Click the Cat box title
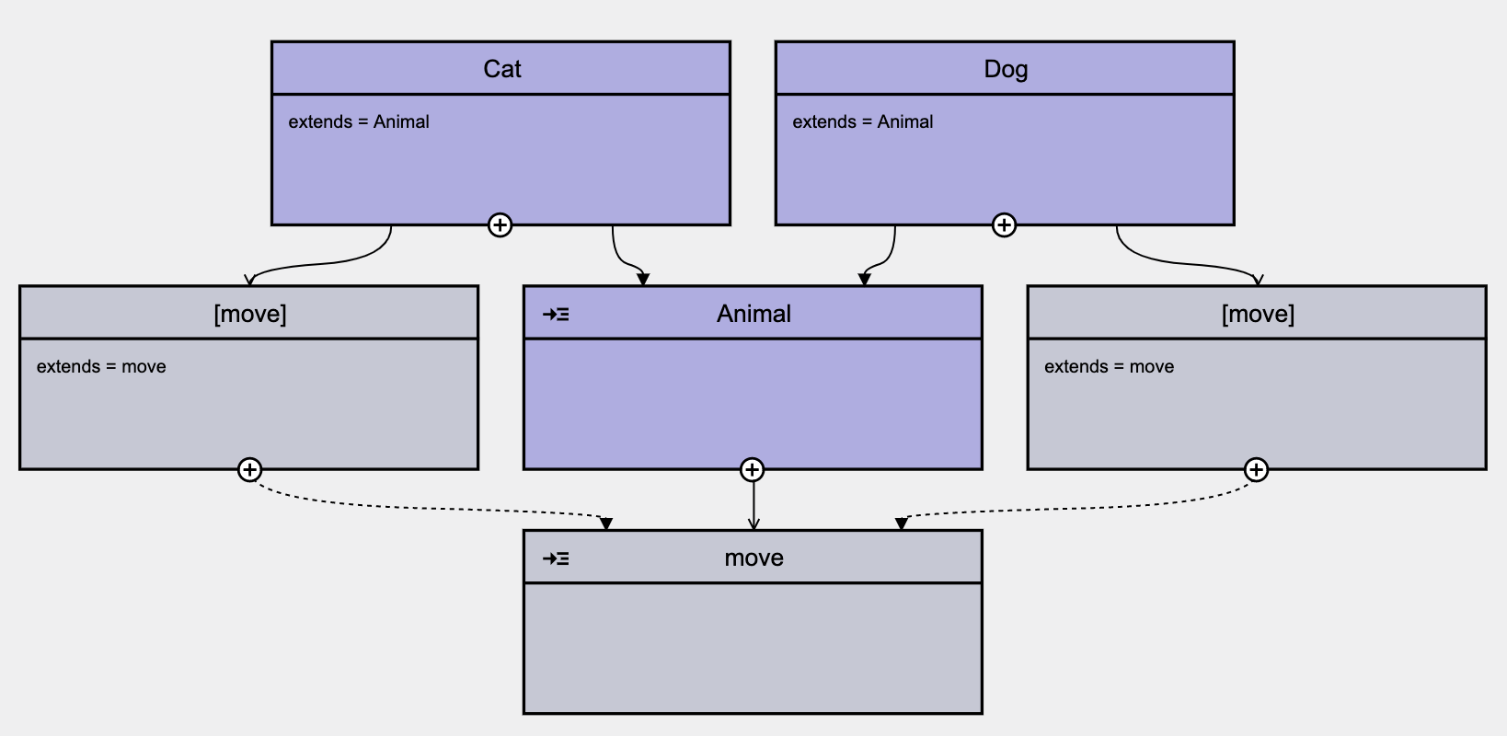tap(501, 69)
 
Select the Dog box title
tap(1006, 69)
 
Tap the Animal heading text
tap(753, 314)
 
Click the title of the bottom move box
tap(753, 558)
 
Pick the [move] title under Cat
tap(249, 314)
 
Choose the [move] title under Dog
tap(1258, 314)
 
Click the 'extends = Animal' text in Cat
tap(359, 121)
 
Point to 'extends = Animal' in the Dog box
tap(863, 121)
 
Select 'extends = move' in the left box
tap(101, 366)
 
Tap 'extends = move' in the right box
tap(1109, 366)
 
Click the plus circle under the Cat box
tap(500, 225)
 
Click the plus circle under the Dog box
tap(1004, 225)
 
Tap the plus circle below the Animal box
tap(753, 470)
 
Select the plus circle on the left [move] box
tap(249, 470)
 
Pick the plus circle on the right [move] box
tap(1256, 470)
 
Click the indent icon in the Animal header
tap(556, 315)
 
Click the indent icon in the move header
tap(556, 558)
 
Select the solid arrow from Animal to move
tap(753, 504)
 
